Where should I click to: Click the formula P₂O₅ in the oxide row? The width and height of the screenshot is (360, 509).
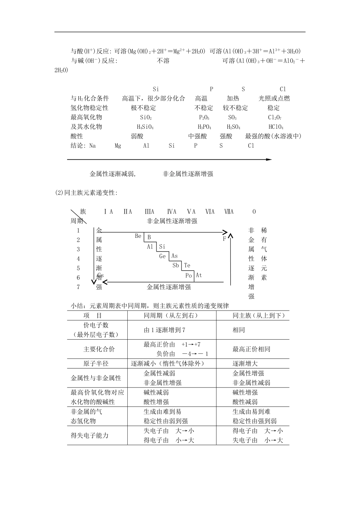(x=204, y=117)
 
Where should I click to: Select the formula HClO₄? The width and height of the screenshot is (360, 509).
(x=275, y=127)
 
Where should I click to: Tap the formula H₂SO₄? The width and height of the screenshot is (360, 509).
(x=233, y=127)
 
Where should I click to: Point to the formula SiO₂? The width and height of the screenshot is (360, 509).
(x=146, y=117)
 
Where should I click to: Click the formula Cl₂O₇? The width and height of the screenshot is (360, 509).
(x=274, y=117)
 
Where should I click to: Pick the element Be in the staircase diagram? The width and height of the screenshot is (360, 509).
(x=138, y=236)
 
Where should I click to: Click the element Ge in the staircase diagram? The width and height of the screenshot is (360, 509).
(x=163, y=256)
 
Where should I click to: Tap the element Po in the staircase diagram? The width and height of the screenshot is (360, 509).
(x=189, y=275)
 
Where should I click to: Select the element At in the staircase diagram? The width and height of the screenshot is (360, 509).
(x=199, y=275)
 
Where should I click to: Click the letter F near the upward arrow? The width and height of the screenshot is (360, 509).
(x=224, y=239)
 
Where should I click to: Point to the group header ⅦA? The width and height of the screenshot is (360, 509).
(x=229, y=212)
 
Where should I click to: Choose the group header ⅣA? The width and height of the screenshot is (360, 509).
(x=172, y=212)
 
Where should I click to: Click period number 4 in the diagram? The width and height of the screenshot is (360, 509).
(x=78, y=259)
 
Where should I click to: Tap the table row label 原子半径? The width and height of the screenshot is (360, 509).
(x=96, y=364)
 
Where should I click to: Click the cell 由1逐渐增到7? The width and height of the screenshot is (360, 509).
(x=164, y=330)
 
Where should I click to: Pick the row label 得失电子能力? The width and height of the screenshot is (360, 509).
(x=90, y=436)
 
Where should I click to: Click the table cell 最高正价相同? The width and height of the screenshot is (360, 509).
(x=251, y=349)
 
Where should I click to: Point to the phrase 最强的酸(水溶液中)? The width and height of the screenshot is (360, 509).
(x=273, y=136)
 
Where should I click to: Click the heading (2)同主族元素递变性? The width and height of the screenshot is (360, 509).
(x=86, y=193)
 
